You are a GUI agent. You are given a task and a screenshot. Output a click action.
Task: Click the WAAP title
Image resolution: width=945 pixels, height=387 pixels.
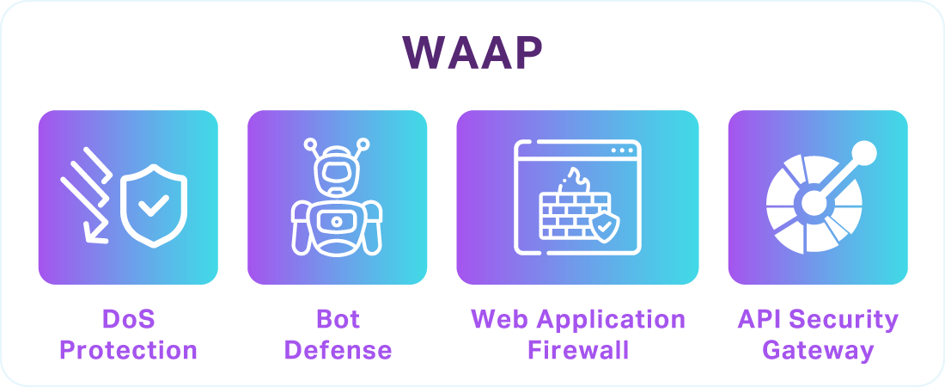coord(472,54)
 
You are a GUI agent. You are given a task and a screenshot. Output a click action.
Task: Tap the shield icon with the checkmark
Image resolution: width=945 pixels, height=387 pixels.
coord(154,206)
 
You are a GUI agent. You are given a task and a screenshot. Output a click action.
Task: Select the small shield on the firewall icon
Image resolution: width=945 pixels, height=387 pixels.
coord(605,226)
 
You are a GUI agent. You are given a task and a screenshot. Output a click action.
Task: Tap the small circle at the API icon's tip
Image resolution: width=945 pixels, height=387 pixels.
coord(864,154)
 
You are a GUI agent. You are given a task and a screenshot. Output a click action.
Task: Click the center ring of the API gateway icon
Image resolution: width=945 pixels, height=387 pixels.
coord(812,204)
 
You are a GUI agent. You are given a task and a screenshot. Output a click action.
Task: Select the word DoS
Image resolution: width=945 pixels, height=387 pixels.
coord(128,321)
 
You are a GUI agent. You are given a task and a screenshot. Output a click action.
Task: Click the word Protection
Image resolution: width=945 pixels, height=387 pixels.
coord(128,351)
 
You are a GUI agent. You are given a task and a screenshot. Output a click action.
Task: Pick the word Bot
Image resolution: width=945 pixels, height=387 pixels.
coord(338,321)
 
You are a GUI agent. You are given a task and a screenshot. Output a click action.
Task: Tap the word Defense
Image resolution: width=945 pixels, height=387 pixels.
coord(338,351)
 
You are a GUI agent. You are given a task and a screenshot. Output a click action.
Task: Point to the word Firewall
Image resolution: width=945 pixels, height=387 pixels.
coord(578,351)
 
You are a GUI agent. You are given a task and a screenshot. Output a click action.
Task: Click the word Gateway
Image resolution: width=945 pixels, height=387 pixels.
coord(818,351)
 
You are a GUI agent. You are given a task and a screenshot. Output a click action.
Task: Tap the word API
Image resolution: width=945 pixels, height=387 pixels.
coord(759,321)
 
